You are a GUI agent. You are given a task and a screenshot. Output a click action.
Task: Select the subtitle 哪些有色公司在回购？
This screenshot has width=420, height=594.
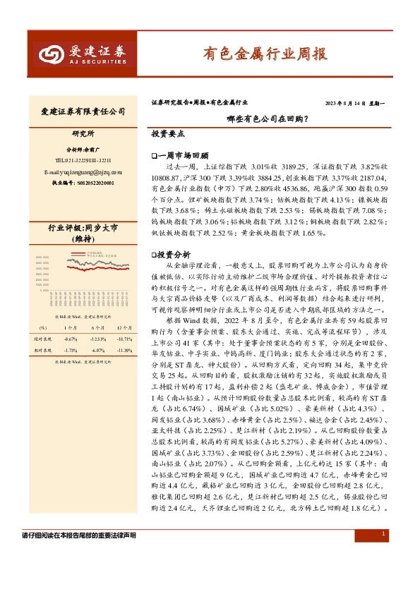266,119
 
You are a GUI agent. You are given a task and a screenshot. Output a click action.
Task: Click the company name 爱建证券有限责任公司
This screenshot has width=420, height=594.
83,111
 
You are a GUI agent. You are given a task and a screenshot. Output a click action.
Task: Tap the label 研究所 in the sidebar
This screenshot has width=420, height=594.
83,133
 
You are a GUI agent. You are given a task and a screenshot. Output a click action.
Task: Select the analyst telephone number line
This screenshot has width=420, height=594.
83,160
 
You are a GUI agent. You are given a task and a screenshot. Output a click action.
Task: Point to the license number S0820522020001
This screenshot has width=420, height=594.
83,182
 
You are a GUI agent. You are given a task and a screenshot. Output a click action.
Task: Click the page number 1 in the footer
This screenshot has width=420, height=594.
382,535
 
